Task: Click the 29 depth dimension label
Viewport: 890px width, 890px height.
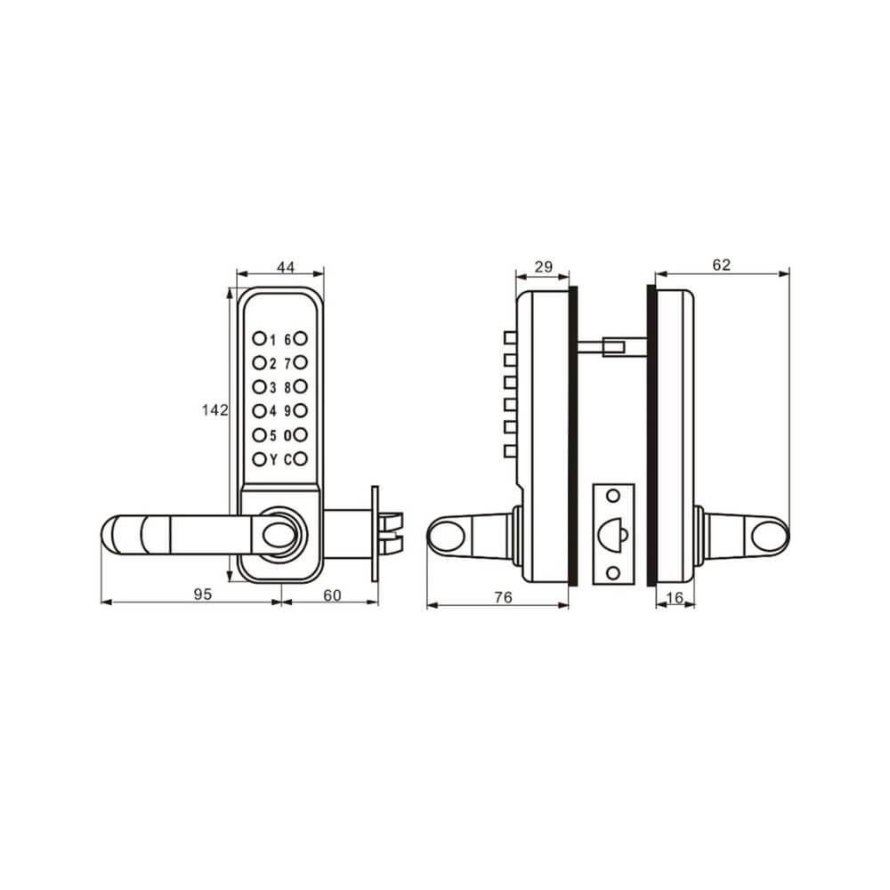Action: pyautogui.click(x=542, y=267)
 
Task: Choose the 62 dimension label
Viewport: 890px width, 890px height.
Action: pyautogui.click(x=722, y=264)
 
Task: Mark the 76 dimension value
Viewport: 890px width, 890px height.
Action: pyautogui.click(x=503, y=598)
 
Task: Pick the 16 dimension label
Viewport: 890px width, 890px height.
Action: pyautogui.click(x=675, y=598)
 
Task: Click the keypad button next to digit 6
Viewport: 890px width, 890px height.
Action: pyautogui.click(x=301, y=338)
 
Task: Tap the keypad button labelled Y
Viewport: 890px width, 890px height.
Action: pyautogui.click(x=258, y=459)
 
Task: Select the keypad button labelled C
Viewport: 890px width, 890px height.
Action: pyautogui.click(x=301, y=459)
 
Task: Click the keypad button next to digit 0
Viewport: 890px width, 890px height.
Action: pyautogui.click(x=301, y=435)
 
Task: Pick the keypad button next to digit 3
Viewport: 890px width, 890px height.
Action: pyautogui.click(x=258, y=387)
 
